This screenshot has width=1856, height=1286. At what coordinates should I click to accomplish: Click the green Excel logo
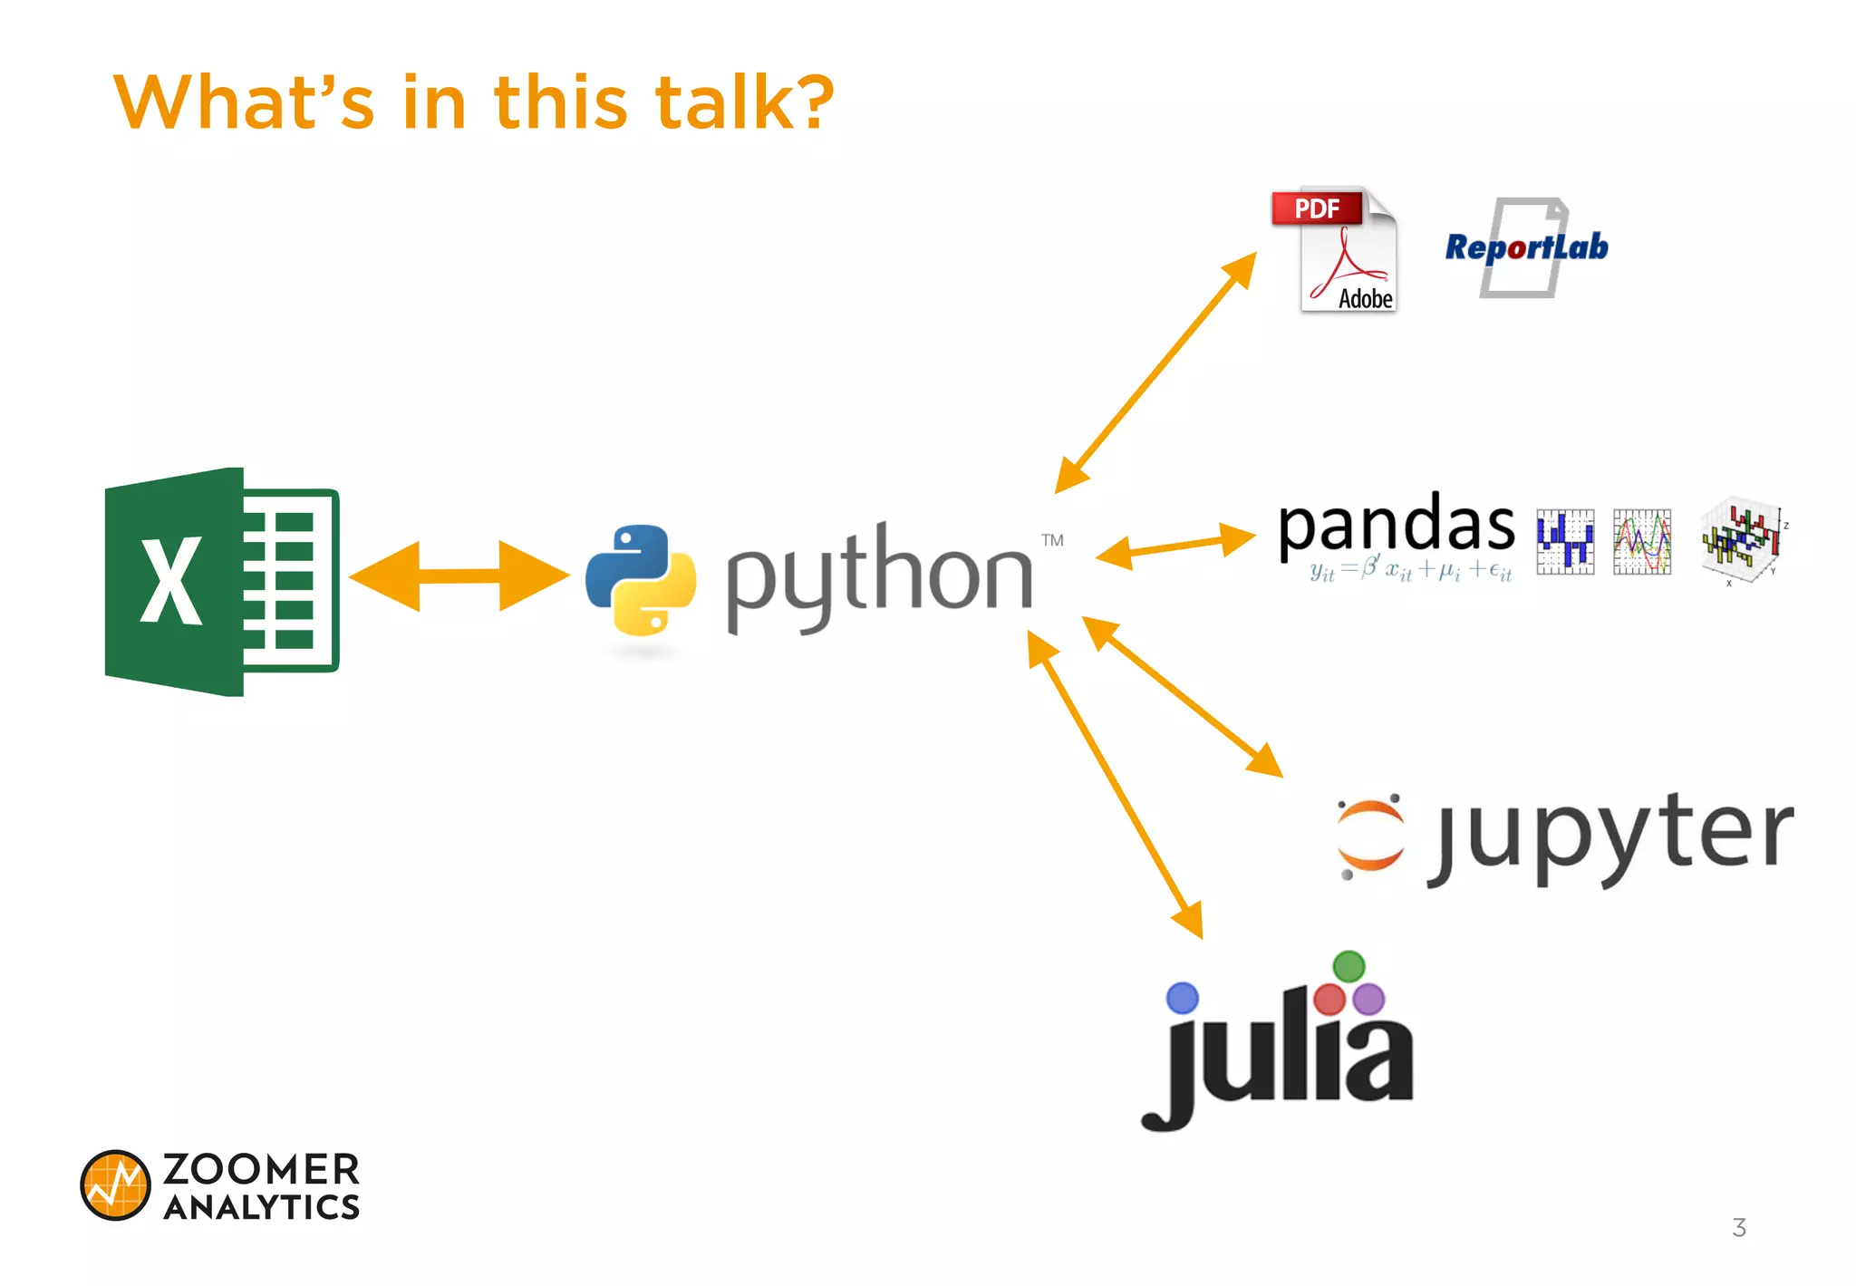tap(221, 582)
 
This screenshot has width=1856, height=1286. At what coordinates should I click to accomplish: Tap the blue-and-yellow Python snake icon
tap(641, 579)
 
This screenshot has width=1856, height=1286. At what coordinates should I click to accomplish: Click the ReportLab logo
tap(1526, 247)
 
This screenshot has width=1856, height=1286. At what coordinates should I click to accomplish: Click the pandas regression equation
tap(1410, 571)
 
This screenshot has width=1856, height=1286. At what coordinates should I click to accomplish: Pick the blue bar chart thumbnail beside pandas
tap(1565, 541)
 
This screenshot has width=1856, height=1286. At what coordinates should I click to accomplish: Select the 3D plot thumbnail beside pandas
tap(1742, 540)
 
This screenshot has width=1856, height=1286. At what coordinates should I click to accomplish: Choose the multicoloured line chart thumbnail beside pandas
tap(1642, 541)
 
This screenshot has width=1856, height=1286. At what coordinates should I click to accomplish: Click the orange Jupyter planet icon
tap(1370, 835)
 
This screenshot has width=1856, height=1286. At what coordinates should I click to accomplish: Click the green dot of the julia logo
tap(1348, 966)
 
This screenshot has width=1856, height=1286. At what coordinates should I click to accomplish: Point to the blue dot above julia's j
tap(1182, 998)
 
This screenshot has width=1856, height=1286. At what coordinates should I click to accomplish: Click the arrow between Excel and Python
tap(459, 575)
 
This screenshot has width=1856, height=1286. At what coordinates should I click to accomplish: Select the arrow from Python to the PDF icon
tap(1155, 372)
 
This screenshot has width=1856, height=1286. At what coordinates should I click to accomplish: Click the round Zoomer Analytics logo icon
tap(115, 1185)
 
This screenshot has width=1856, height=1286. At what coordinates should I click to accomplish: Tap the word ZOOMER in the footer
tap(261, 1169)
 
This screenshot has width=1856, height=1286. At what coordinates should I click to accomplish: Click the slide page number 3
tap(1738, 1228)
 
